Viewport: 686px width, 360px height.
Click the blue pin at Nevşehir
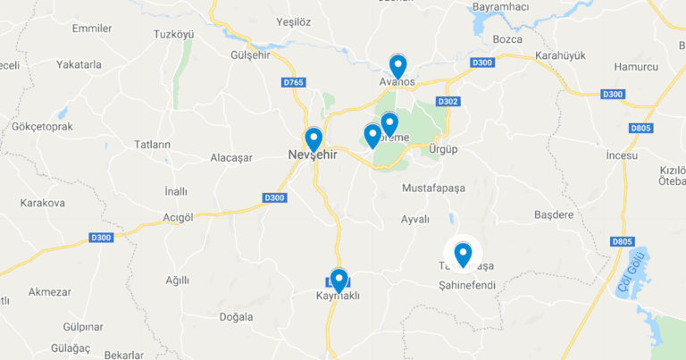coord(313,139)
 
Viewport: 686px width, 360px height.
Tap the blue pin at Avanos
coord(397,65)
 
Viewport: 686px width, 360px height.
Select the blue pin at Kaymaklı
coord(338,280)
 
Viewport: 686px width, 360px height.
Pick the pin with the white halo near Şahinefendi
coord(463,255)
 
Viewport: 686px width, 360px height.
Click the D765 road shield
coord(293,83)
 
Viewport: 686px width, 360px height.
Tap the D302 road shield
coord(448,102)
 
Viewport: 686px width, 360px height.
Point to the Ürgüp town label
coord(443,149)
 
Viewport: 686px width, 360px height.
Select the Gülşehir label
coord(250,55)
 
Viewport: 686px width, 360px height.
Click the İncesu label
coord(622,156)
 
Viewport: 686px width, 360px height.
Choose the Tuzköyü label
coord(173,34)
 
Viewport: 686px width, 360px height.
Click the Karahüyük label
coord(560,55)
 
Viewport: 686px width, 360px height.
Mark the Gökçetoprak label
coord(43,127)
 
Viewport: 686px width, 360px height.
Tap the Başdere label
coord(553,215)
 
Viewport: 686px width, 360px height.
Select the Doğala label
coord(236,317)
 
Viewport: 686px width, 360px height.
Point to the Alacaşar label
coord(231,157)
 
